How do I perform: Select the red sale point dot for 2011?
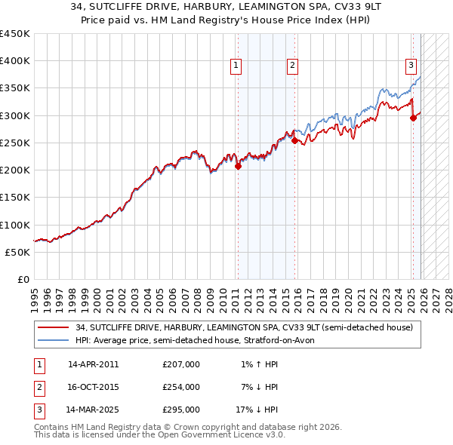(x=238, y=167)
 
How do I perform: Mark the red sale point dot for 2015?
(x=294, y=141)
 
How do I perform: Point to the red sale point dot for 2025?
(x=413, y=118)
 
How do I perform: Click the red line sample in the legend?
(x=53, y=328)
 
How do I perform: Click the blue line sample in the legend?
(x=53, y=340)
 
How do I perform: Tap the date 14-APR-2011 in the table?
(x=93, y=364)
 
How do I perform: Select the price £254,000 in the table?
(x=181, y=387)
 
